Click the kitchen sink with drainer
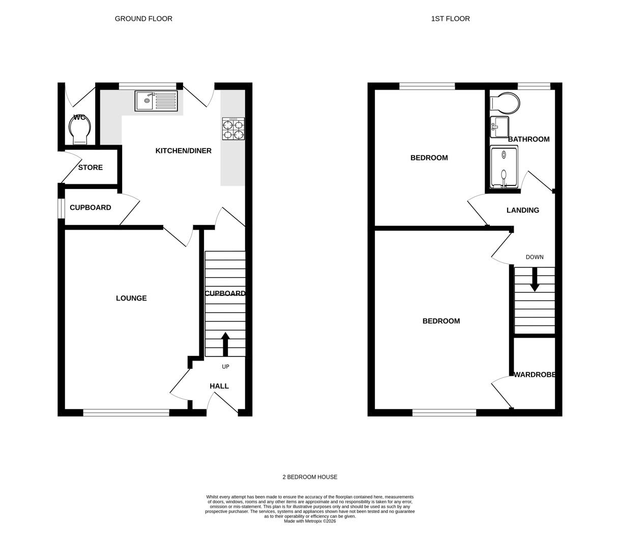coord(156,101)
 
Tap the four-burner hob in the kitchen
coord(233,129)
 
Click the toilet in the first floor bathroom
coord(505,103)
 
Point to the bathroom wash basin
coord(499,127)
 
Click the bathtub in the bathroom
coord(504,167)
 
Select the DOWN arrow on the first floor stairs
coord(535,279)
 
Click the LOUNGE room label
coord(131,298)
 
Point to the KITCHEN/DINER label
coord(183,151)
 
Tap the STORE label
coord(91,168)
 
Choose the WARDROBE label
coord(534,375)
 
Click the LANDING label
coord(522,210)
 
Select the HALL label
coord(219,387)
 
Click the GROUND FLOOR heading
coord(143,19)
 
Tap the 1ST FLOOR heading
coord(450,19)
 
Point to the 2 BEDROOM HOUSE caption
coord(310,477)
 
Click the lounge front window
coord(126,413)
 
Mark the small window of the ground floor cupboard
coord(61,208)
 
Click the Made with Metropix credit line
coord(310,521)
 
